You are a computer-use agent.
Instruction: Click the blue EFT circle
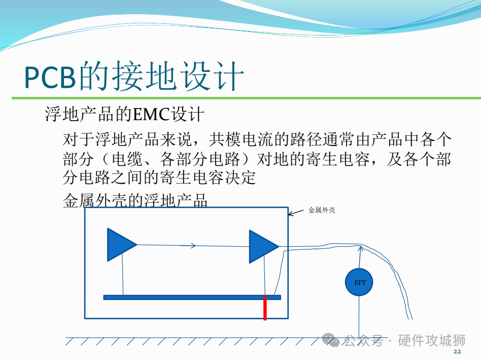click(x=359, y=282)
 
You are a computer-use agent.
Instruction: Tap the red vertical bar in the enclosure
click(x=265, y=308)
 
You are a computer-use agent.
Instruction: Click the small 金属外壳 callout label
click(x=322, y=210)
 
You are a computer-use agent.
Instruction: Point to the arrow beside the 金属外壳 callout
click(x=296, y=213)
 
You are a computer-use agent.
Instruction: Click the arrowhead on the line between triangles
click(x=193, y=245)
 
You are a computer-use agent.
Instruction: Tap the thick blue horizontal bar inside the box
click(x=192, y=297)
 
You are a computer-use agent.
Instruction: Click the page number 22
click(x=457, y=351)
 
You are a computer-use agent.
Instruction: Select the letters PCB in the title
click(x=50, y=77)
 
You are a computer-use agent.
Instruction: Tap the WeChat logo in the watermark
click(x=331, y=340)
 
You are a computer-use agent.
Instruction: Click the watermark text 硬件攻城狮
click(x=432, y=340)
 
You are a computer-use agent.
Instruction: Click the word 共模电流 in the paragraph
click(x=241, y=139)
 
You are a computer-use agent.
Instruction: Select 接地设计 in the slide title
click(x=179, y=76)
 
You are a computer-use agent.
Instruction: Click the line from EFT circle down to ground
click(x=359, y=317)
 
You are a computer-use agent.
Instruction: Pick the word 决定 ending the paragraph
click(x=240, y=177)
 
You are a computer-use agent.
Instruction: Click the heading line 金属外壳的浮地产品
click(x=135, y=201)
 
